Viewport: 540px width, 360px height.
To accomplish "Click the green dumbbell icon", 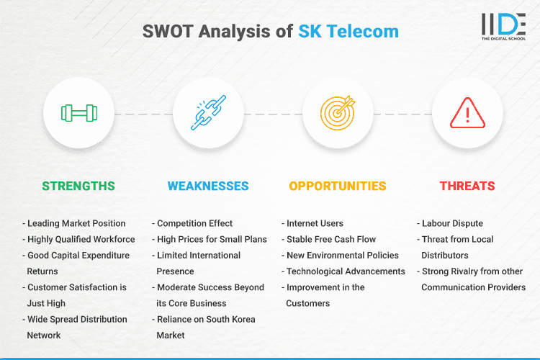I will click(x=78, y=114).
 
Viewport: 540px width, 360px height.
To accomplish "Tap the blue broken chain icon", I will click(x=208, y=114).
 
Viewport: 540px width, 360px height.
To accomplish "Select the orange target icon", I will click(x=338, y=114).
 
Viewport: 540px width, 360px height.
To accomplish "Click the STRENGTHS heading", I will click(x=78, y=186).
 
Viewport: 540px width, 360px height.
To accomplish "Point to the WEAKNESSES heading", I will click(x=208, y=186).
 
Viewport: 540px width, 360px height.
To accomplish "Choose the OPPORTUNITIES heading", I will click(x=338, y=186).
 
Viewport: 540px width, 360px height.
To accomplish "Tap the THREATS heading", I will click(x=467, y=186).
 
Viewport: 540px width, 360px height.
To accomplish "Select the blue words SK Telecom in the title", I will click(x=348, y=32).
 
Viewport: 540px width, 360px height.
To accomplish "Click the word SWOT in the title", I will click(x=168, y=32).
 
